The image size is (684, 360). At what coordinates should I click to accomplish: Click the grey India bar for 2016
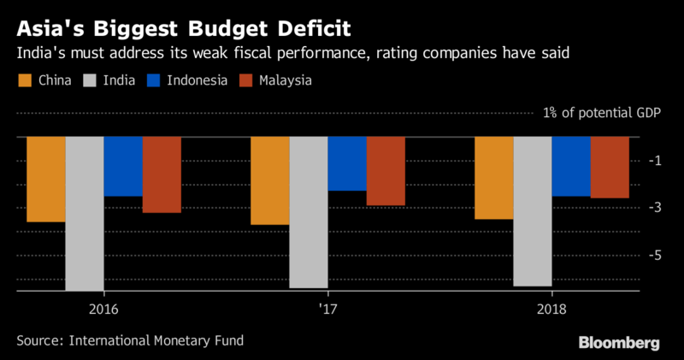tap(85, 214)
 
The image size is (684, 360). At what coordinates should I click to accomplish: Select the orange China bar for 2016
tap(46, 180)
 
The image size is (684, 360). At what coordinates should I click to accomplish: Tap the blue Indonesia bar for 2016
tap(123, 167)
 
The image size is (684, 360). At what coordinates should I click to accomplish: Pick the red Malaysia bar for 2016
tap(162, 175)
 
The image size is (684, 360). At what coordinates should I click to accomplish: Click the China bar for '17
tap(270, 180)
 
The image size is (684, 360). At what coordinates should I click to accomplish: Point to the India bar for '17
tap(309, 213)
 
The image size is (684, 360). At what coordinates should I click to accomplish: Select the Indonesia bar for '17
tap(347, 163)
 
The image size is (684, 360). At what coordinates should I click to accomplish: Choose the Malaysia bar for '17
tap(386, 171)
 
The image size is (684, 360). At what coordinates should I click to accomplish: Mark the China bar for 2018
tap(494, 178)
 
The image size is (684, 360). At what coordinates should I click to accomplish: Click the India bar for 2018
tap(533, 211)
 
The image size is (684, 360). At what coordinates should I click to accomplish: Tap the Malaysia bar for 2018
tap(610, 168)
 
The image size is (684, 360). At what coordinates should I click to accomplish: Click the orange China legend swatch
tap(25, 80)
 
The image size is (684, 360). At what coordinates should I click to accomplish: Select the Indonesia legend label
tap(198, 80)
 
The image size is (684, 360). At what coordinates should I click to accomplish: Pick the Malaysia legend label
tap(286, 80)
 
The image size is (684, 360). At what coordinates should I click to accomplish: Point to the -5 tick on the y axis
tap(655, 256)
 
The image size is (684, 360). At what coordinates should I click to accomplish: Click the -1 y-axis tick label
tap(655, 161)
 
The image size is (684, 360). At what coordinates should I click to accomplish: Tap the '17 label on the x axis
tap(327, 310)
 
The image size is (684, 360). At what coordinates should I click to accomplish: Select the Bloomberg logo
tap(619, 343)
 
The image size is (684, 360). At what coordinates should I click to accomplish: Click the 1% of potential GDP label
tap(602, 113)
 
